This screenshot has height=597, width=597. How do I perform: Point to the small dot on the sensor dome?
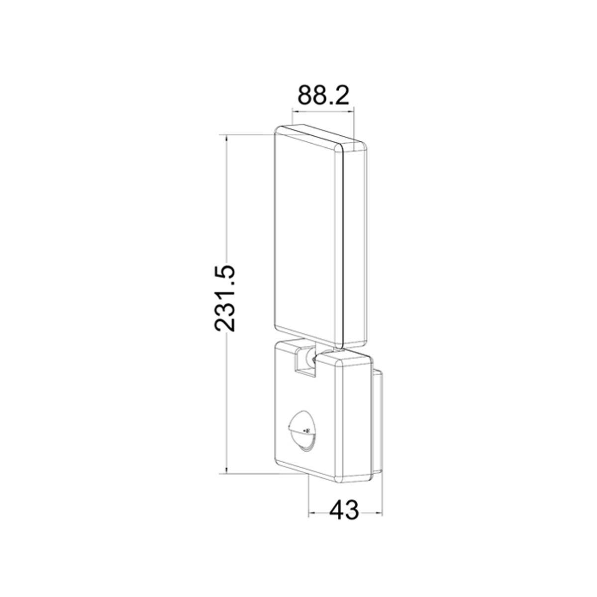[x=307, y=431]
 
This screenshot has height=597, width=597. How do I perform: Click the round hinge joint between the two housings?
[x=312, y=355]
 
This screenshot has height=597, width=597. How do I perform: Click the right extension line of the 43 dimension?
[x=382, y=497]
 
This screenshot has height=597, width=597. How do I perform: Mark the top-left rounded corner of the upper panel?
[x=279, y=130]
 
